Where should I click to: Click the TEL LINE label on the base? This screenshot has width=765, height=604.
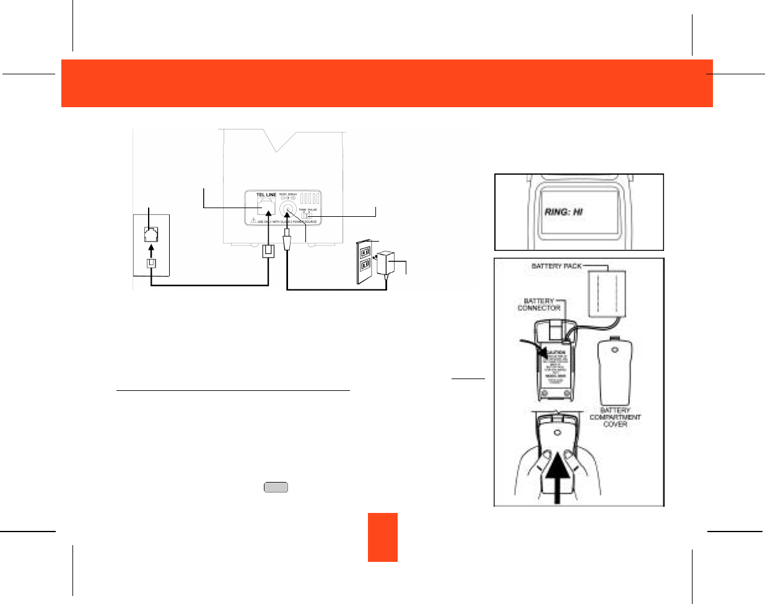[x=266, y=195]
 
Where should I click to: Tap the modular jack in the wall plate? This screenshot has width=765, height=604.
[x=151, y=235]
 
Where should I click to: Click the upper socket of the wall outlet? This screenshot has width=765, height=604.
[x=365, y=252]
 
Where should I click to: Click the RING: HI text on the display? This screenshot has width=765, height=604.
[x=564, y=211]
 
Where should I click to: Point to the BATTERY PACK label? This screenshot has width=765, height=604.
[x=556, y=266]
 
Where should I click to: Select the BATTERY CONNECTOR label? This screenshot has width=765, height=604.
[x=539, y=304]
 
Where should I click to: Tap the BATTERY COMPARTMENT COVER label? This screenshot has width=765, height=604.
[x=615, y=417]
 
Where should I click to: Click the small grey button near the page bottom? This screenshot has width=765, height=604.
[x=276, y=488]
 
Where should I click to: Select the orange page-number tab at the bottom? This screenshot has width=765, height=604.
[x=382, y=537]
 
